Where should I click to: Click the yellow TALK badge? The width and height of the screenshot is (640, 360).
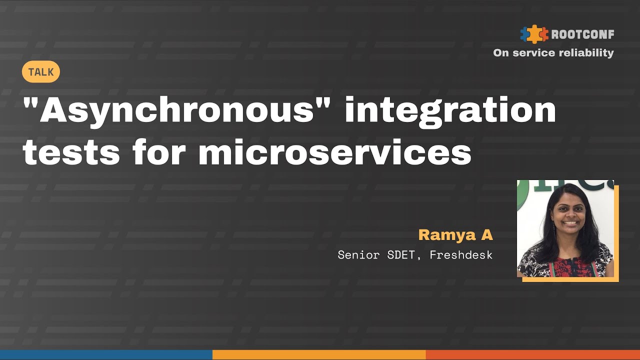(x=41, y=72)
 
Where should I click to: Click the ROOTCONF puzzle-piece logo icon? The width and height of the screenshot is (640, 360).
(x=534, y=34)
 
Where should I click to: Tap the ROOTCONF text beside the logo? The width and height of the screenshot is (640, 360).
(x=582, y=34)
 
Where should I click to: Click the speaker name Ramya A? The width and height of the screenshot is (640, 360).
(x=455, y=234)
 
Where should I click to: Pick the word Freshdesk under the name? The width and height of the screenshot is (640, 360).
(x=461, y=255)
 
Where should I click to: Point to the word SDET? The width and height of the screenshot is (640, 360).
(x=401, y=255)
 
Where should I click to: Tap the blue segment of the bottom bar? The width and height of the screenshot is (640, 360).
(x=106, y=355)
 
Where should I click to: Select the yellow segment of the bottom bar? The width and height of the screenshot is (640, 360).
(x=319, y=355)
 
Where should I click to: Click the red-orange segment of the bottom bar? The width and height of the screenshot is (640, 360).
(x=532, y=355)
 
